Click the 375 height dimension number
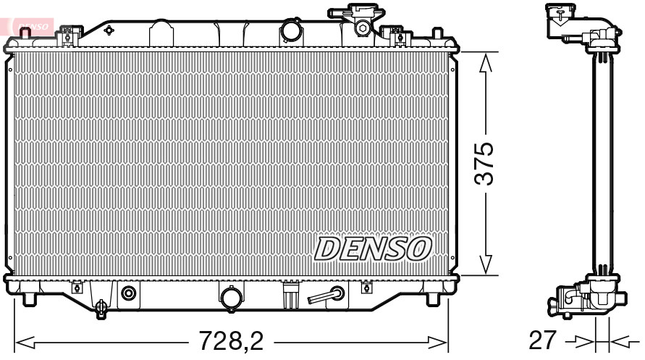(484, 164)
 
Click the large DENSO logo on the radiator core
(373, 248)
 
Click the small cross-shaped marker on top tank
(109, 30)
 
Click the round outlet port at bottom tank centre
(232, 298)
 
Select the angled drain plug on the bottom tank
(326, 295)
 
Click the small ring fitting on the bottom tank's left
(129, 293)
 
